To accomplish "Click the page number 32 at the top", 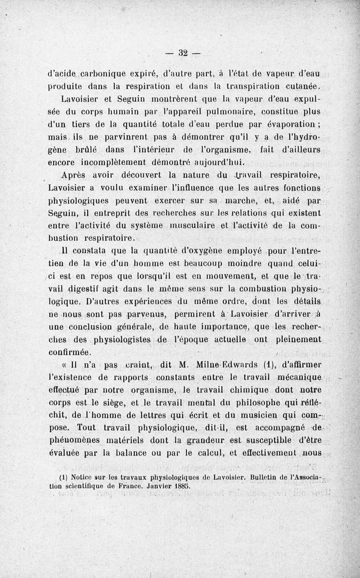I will click(x=182, y=53).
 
